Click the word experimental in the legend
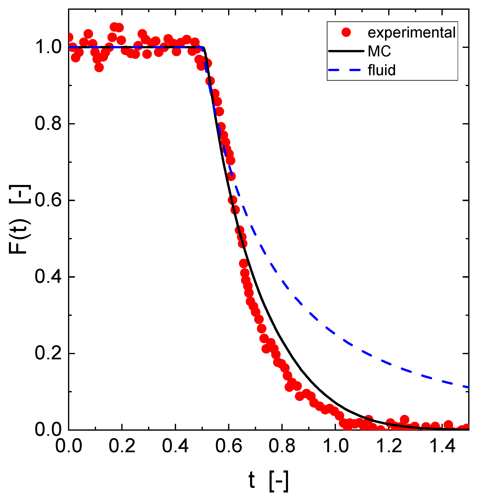pos(411,33)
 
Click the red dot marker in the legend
pos(346,32)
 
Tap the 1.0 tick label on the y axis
pos(48,47)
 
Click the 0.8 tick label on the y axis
pos(48,124)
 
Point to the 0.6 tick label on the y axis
pos(48,201)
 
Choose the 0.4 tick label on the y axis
pos(48,277)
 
